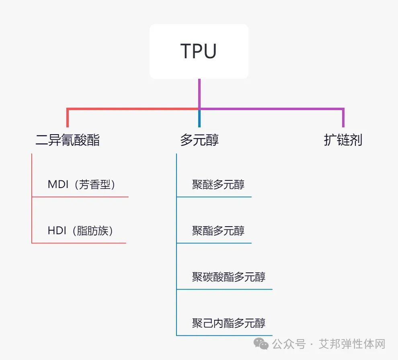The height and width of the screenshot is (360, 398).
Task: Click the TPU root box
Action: (199, 51)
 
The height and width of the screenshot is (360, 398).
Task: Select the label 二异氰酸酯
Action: (68, 140)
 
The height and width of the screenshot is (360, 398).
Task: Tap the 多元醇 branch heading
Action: (199, 140)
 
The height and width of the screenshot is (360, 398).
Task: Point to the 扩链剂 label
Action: (343, 140)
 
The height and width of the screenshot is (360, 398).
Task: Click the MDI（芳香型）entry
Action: (82, 185)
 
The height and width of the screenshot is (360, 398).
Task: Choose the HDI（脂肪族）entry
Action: (80, 231)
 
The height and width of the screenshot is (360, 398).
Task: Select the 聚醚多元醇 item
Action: (218, 185)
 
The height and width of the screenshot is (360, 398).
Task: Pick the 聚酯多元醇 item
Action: (218, 231)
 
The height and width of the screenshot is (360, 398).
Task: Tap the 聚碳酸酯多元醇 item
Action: (229, 277)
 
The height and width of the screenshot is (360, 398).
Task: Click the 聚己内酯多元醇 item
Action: (229, 323)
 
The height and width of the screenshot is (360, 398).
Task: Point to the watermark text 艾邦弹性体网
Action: (352, 344)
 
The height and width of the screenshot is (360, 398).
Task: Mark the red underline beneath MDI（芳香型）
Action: (80, 197)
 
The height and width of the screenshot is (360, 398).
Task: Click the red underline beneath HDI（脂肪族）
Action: (79, 243)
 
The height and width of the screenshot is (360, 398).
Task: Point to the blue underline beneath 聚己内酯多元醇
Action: (224, 335)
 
